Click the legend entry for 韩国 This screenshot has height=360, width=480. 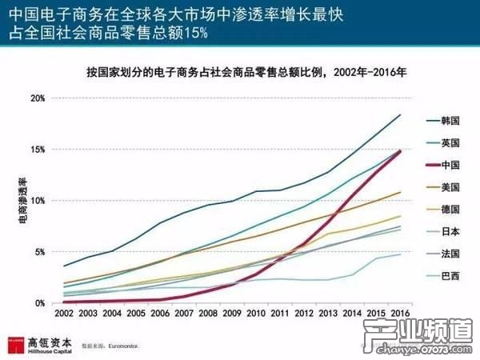coord(450,120)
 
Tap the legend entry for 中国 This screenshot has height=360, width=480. coord(450,166)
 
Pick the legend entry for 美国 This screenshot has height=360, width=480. coord(450,188)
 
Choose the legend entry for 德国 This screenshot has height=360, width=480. coord(450,210)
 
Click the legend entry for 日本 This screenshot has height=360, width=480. coord(450,233)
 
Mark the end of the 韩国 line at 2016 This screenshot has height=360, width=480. coord(400,114)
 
